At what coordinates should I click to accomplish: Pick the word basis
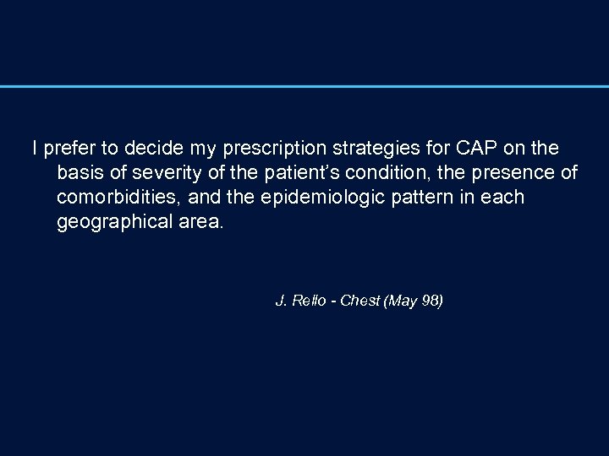coord(78,173)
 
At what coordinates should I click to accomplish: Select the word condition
coord(383,173)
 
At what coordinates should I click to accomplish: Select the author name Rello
coord(310,301)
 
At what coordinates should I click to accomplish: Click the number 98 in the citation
coord(429,301)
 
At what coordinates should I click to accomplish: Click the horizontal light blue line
coord(304,86)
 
